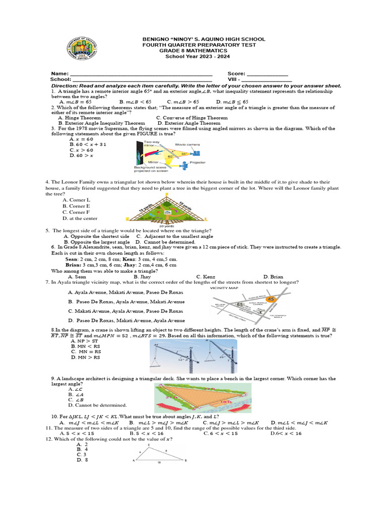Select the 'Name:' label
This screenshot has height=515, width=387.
59,73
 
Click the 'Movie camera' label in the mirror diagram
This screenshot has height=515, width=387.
187,144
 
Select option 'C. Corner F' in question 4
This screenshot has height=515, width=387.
76,212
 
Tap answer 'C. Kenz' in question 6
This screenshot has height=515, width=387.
206,277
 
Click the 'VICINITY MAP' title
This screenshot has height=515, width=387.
225,289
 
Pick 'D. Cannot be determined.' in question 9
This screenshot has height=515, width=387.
97,405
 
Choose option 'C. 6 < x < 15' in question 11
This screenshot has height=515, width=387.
220,434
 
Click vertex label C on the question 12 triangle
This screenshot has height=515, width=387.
149,445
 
